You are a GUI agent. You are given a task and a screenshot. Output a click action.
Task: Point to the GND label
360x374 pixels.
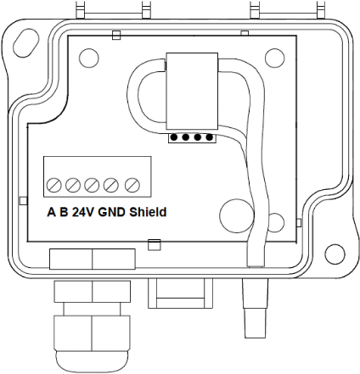point(112,211)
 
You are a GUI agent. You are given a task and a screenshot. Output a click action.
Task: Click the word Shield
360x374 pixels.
point(148,211)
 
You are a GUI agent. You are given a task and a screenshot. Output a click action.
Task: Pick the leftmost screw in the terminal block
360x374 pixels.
point(53,184)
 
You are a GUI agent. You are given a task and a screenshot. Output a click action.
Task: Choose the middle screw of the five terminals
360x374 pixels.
point(93,184)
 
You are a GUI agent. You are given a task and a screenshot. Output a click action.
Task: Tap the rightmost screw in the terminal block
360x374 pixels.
point(131,184)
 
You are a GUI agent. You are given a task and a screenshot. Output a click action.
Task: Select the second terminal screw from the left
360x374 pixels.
point(73,184)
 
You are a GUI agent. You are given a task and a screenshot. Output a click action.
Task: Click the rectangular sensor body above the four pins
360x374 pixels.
point(191,90)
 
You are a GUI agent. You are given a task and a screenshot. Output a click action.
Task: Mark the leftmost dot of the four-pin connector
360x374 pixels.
point(174,137)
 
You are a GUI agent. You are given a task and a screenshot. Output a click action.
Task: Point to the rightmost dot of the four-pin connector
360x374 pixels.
point(205,137)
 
